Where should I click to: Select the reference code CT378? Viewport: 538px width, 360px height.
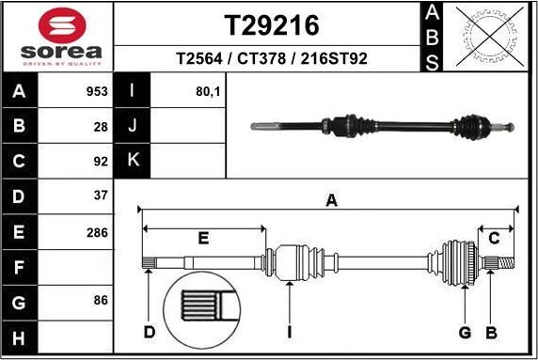pyautogui.click(x=263, y=59)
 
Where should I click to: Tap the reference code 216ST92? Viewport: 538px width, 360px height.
pyautogui.click(x=333, y=59)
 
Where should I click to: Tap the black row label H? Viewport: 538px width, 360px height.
pyautogui.click(x=20, y=337)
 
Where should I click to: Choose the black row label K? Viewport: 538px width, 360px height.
pyautogui.click(x=133, y=161)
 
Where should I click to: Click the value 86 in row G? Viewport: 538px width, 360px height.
pyautogui.click(x=101, y=301)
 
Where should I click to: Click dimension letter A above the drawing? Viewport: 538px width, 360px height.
pyautogui.click(x=330, y=199)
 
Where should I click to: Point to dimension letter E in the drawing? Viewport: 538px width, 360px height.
pyautogui.click(x=202, y=239)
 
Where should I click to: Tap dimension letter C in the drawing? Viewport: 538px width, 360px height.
pyautogui.click(x=493, y=239)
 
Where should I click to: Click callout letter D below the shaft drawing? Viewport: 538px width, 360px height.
pyautogui.click(x=148, y=332)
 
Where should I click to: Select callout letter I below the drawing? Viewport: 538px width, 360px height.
pyautogui.click(x=290, y=332)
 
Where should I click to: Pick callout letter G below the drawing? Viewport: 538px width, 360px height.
pyautogui.click(x=464, y=332)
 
